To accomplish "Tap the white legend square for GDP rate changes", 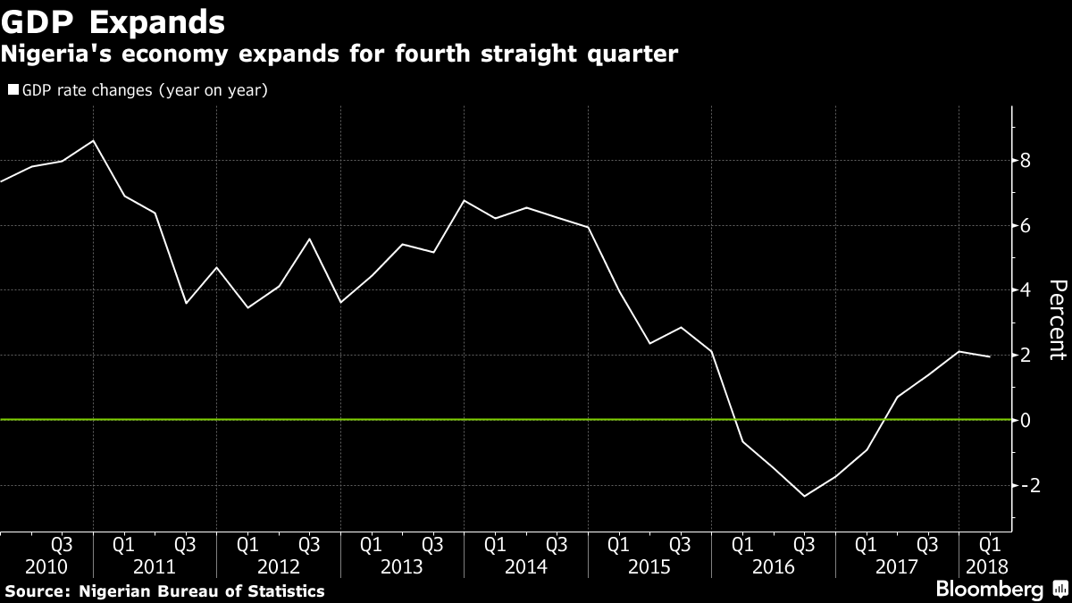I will pyautogui.click(x=13, y=90).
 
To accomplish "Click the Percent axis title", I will pyautogui.click(x=1057, y=319).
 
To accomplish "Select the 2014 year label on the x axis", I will pyautogui.click(x=525, y=565).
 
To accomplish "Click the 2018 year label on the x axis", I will pyautogui.click(x=989, y=565).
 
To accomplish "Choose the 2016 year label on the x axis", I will pyautogui.click(x=773, y=565).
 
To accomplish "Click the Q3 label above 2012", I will pyautogui.click(x=308, y=543).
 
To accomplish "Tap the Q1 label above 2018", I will pyautogui.click(x=989, y=543).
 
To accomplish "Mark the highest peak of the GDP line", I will pyautogui.click(x=94, y=140).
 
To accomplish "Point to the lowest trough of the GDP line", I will pyautogui.click(x=804, y=496).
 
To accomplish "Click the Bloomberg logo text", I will pyautogui.click(x=989, y=590).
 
